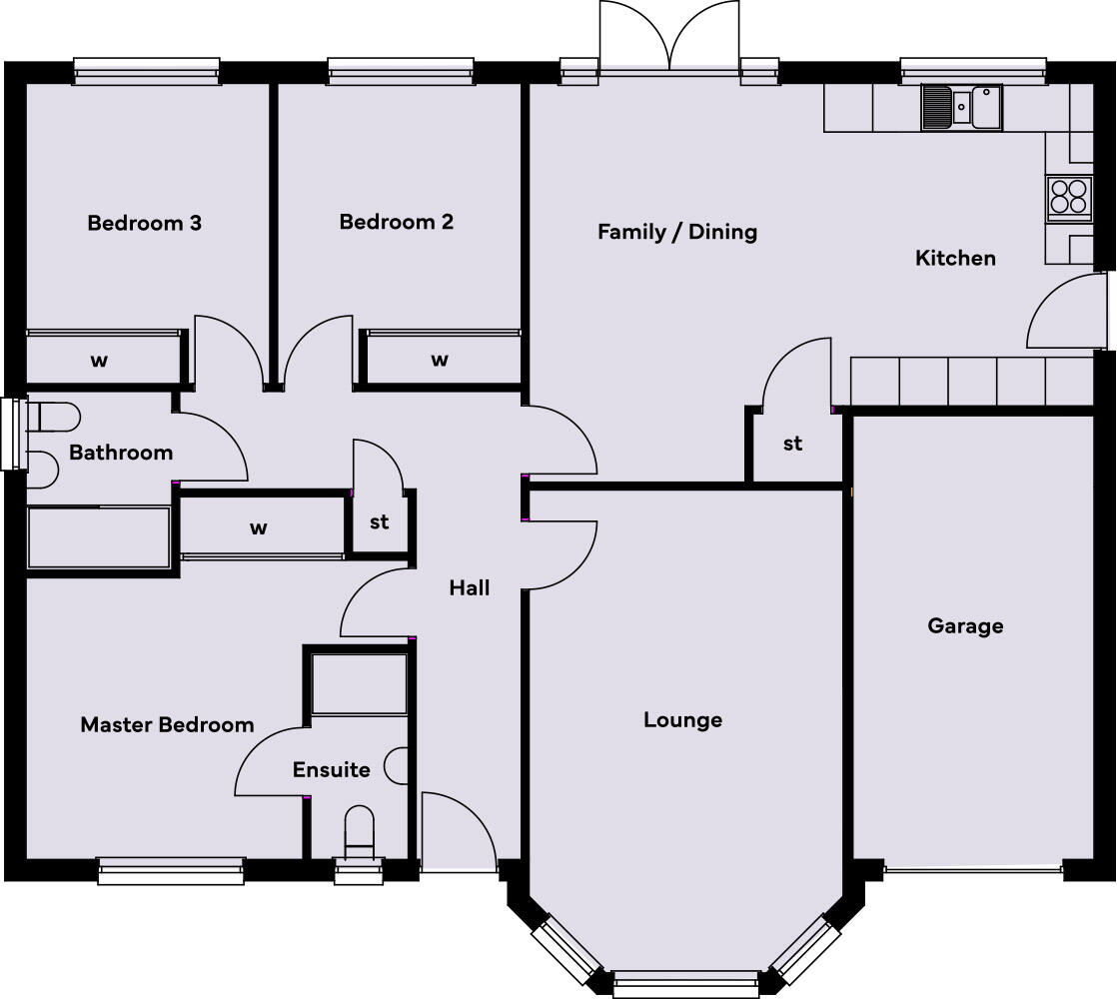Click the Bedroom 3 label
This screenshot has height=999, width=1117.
(144, 223)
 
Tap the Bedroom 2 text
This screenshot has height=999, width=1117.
(396, 222)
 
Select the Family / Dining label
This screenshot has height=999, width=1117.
(676, 232)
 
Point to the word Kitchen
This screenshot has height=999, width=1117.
(955, 258)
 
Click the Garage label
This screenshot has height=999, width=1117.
(964, 626)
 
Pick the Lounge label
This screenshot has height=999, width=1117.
(682, 719)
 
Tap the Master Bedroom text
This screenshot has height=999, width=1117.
(167, 724)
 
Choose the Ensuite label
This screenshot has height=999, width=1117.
(331, 770)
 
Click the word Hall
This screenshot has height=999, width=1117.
(469, 588)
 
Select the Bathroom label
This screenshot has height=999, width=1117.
(120, 453)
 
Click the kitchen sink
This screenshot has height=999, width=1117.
(961, 107)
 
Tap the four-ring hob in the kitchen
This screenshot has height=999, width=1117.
(1068, 197)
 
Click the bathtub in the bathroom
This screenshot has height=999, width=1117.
(98, 538)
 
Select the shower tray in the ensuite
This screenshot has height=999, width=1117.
(358, 684)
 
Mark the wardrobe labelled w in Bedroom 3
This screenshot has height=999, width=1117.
(101, 360)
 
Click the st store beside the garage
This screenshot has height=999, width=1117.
(792, 444)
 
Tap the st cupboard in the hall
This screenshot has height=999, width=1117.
(379, 521)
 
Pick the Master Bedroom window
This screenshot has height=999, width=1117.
(171, 870)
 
